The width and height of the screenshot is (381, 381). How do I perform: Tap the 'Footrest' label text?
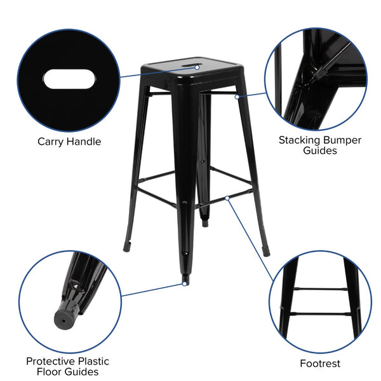click(x=320, y=364)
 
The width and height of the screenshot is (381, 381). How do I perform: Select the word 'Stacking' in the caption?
click(x=302, y=139)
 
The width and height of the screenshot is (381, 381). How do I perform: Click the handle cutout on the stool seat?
click(x=189, y=64)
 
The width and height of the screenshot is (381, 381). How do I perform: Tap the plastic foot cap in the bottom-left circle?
click(x=64, y=316)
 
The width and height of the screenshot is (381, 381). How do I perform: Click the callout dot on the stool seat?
click(x=197, y=67)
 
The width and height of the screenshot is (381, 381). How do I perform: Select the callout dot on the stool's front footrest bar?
click(x=227, y=198)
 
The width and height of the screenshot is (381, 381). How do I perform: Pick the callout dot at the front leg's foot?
click(x=184, y=284)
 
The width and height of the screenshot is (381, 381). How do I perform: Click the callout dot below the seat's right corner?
click(x=236, y=97)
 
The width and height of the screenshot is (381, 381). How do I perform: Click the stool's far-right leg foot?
click(x=265, y=250)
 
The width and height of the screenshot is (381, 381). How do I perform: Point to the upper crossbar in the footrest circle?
click(x=320, y=290)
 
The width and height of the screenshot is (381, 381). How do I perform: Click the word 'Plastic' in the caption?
click(x=94, y=361)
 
